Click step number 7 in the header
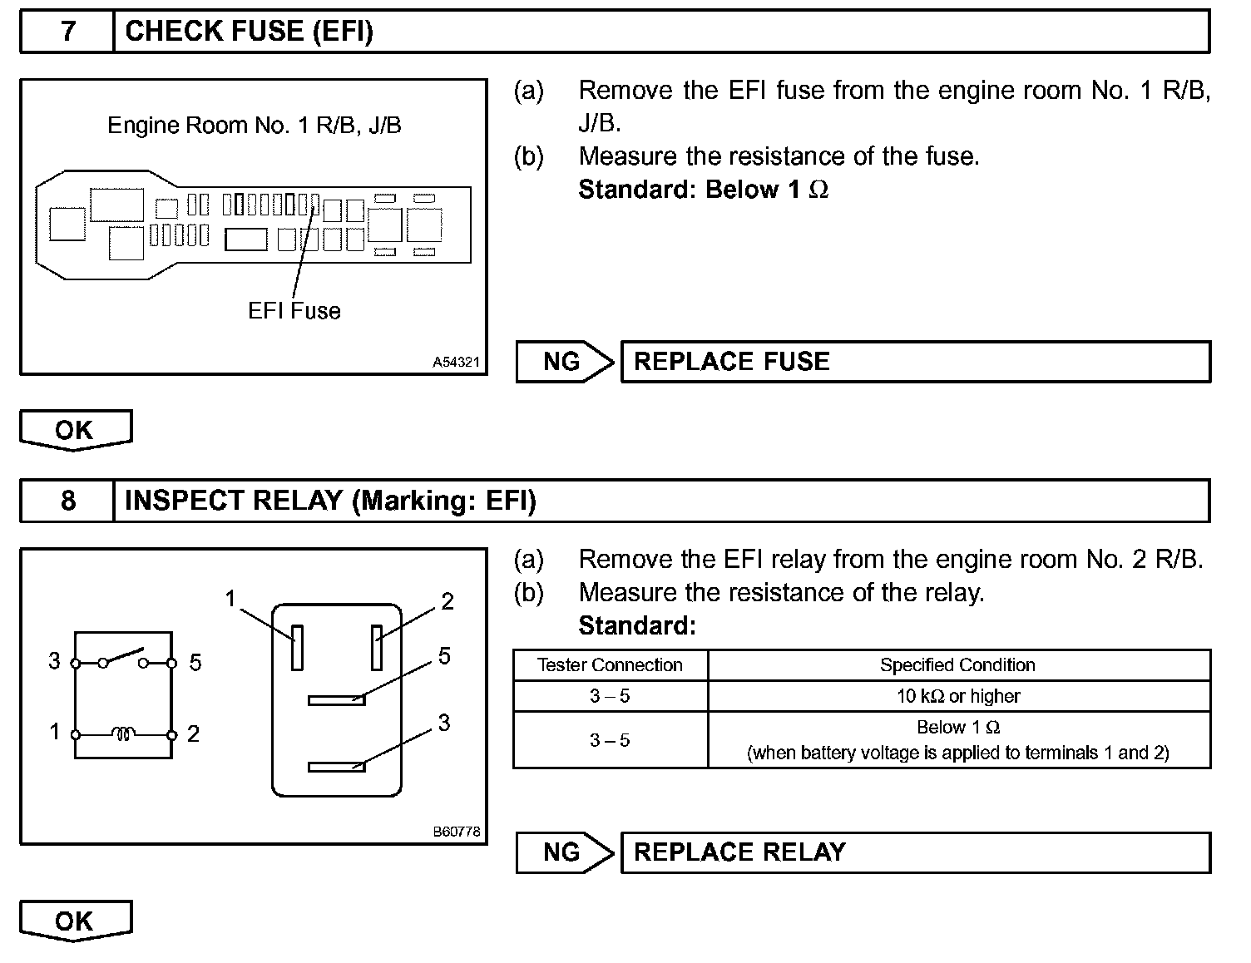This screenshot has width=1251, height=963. pyautogui.click(x=67, y=32)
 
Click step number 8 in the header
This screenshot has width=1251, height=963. pyautogui.click(x=67, y=501)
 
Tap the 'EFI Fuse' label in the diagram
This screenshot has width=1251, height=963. pyautogui.click(x=294, y=311)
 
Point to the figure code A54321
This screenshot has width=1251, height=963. pyautogui.click(x=456, y=363)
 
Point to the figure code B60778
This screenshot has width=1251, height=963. pyautogui.click(x=456, y=832)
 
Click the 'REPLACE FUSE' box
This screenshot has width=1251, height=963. pyautogui.click(x=915, y=362)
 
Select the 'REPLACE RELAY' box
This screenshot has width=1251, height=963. pyautogui.click(x=915, y=852)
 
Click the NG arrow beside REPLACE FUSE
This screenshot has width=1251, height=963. pyautogui.click(x=564, y=362)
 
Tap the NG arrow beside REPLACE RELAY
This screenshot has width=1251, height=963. pyautogui.click(x=564, y=852)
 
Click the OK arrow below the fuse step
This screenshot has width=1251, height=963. pyautogui.click(x=75, y=430)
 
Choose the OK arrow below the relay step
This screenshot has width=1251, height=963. pyautogui.click(x=75, y=921)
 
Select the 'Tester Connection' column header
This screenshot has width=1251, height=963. pyautogui.click(x=610, y=665)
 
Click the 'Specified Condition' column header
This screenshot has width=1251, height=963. pyautogui.click(x=957, y=665)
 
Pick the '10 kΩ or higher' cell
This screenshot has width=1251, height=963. pyautogui.click(x=957, y=696)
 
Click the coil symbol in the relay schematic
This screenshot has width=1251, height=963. pyautogui.click(x=124, y=734)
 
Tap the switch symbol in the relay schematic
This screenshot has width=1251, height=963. pyautogui.click(x=123, y=658)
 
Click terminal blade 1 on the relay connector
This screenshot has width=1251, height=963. pyautogui.click(x=297, y=647)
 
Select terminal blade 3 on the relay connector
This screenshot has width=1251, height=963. pyautogui.click(x=336, y=767)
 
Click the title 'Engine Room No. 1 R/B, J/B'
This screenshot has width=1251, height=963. pyautogui.click(x=255, y=126)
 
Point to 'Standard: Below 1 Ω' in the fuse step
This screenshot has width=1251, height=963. pyautogui.click(x=703, y=190)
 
